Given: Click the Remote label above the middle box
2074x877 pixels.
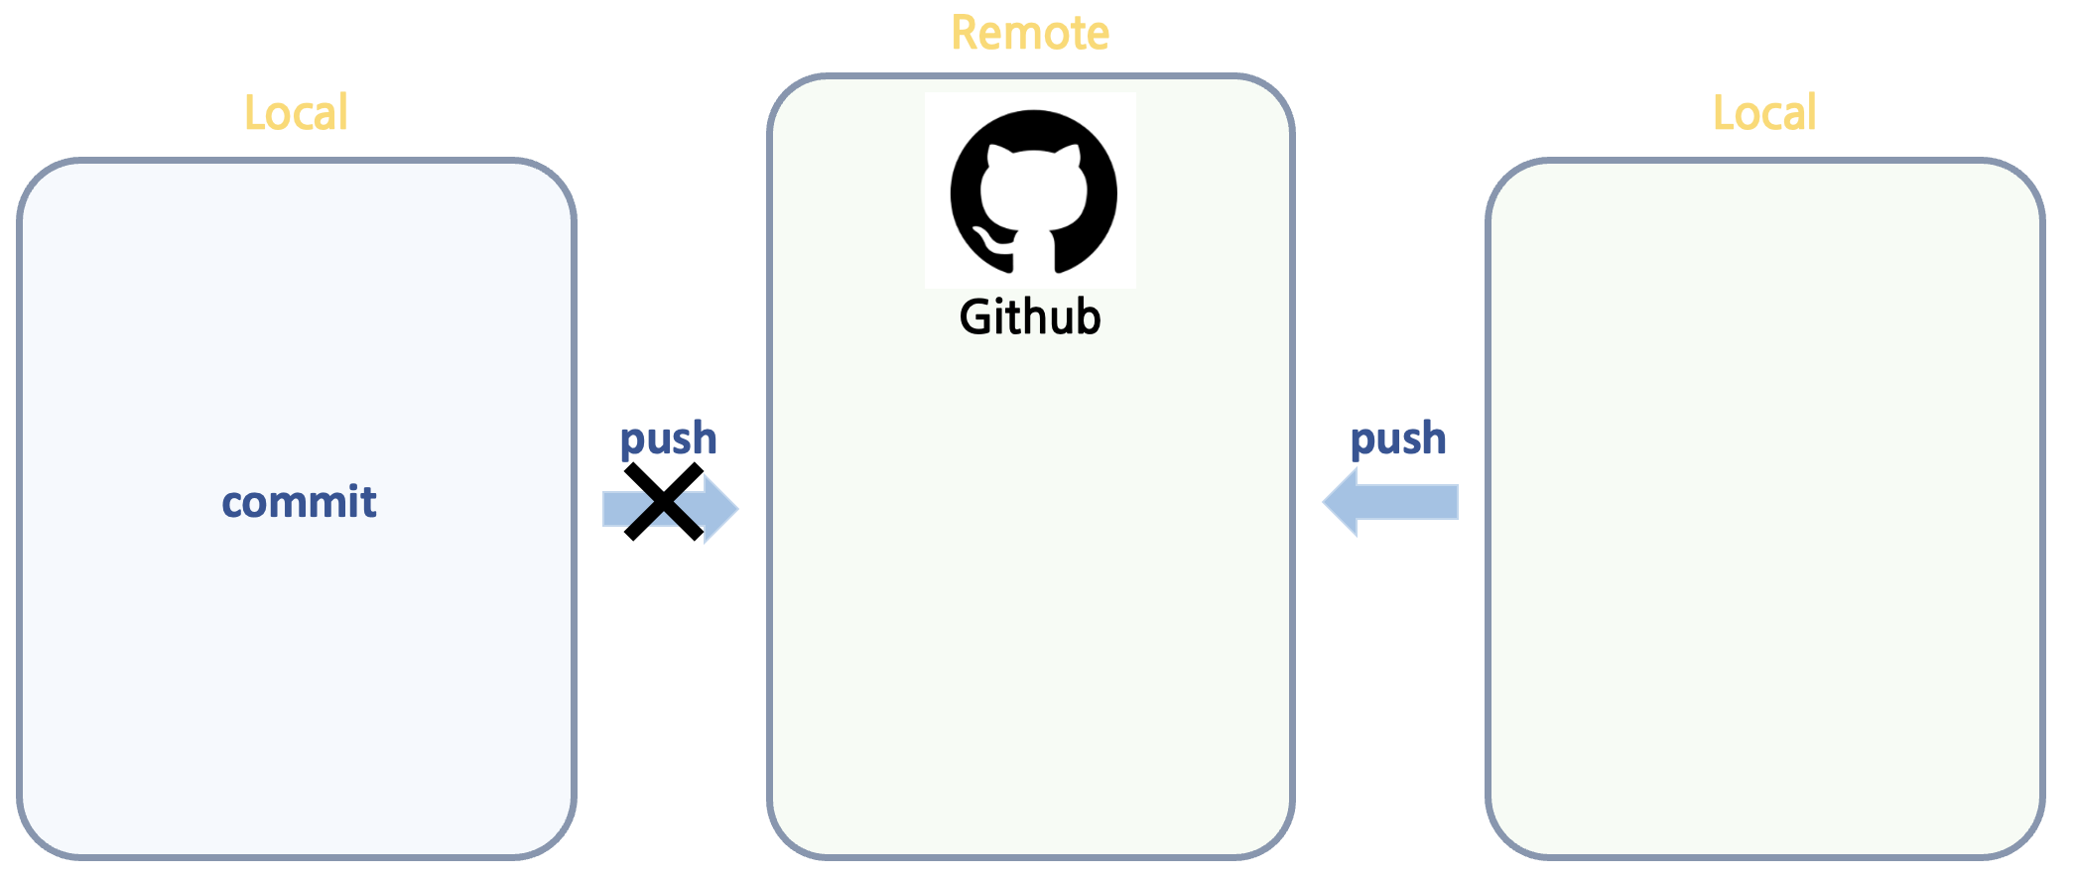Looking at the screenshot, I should click(1030, 33).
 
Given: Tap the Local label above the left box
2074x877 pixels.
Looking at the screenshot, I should click(296, 113).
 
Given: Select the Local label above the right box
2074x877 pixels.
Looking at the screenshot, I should click(1764, 113).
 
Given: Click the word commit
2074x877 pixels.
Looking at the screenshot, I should click(299, 502).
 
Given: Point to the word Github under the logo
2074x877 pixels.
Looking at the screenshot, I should click(1030, 317).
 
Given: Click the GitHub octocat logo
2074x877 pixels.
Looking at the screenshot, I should click(1033, 191).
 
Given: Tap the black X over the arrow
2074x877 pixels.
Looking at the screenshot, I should click(664, 502).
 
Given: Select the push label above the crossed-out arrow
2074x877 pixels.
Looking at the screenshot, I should click(668, 439).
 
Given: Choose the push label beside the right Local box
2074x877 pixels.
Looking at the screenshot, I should click(1398, 439).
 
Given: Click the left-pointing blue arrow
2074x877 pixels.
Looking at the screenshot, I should click(1389, 502).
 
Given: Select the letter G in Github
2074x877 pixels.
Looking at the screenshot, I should click(974, 317).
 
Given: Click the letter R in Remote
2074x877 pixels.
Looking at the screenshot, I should click(964, 33).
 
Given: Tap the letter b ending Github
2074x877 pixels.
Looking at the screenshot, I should click(1089, 317).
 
